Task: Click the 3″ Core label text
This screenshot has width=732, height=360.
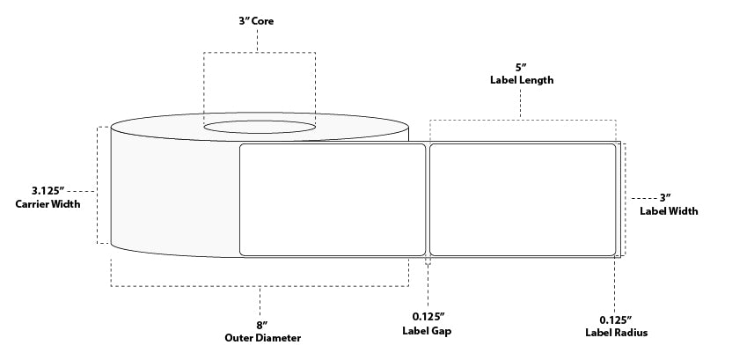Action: [259, 20]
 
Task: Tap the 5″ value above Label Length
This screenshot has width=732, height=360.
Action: [521, 66]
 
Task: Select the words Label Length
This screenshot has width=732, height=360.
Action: [521, 80]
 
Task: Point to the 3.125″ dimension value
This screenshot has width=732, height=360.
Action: [45, 190]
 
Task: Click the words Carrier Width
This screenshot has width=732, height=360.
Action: [48, 205]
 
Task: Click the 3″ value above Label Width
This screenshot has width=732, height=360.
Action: [673, 197]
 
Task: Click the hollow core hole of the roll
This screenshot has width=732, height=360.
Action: [260, 129]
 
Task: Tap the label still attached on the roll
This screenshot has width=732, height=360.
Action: [333, 199]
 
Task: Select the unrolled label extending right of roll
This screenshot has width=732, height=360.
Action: [522, 199]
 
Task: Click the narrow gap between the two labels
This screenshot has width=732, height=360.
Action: [427, 199]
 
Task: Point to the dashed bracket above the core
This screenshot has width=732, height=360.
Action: [260, 53]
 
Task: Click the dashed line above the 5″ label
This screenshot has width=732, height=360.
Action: [522, 119]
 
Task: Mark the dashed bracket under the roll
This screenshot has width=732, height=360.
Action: [260, 286]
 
